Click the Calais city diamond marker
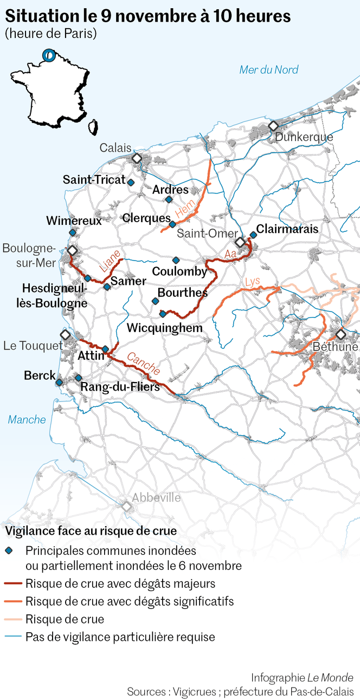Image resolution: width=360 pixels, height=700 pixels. point(137,158)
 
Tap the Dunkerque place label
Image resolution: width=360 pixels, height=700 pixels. point(304,137)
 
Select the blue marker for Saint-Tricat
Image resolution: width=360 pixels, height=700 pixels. point(131,182)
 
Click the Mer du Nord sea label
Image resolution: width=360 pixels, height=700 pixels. point(269,69)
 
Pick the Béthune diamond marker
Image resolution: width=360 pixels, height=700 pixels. point(340,334)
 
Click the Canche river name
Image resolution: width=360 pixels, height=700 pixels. point(144,364)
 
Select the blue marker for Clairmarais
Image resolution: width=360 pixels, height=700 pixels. point(253,235)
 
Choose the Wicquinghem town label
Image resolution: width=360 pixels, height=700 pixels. point(164,328)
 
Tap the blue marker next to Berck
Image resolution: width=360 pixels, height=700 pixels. point(59,382)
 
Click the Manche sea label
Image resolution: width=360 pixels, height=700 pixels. point(27,419)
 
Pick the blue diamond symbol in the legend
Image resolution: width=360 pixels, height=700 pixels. point(9,550)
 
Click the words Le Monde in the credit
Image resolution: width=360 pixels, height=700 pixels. point(330,678)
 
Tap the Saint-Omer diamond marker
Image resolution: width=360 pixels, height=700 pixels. point(240,242)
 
